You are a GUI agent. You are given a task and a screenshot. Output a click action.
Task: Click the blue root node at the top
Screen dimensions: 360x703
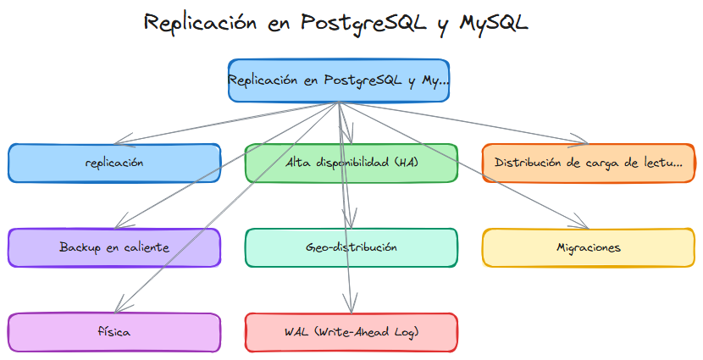(x=338, y=80)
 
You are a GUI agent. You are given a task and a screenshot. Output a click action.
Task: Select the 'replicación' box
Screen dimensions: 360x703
(x=114, y=163)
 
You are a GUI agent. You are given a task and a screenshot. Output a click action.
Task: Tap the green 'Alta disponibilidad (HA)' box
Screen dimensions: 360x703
(x=351, y=163)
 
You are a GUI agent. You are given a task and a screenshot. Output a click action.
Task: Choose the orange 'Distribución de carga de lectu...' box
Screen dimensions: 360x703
(x=589, y=163)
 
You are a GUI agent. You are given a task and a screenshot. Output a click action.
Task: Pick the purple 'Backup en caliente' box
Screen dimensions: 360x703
(x=114, y=247)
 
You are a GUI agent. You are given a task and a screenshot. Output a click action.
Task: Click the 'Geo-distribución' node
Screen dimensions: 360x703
(x=351, y=247)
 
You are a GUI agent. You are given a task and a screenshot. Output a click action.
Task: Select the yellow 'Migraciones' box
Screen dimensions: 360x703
(x=589, y=247)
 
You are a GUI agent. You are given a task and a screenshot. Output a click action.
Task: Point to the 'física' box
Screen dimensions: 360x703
(x=114, y=332)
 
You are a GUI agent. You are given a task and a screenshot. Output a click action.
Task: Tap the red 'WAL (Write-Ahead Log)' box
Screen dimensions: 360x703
(x=351, y=332)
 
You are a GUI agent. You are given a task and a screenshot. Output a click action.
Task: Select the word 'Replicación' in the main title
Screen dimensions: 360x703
(x=200, y=23)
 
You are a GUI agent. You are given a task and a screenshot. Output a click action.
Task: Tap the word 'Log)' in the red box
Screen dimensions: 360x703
(x=406, y=332)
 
